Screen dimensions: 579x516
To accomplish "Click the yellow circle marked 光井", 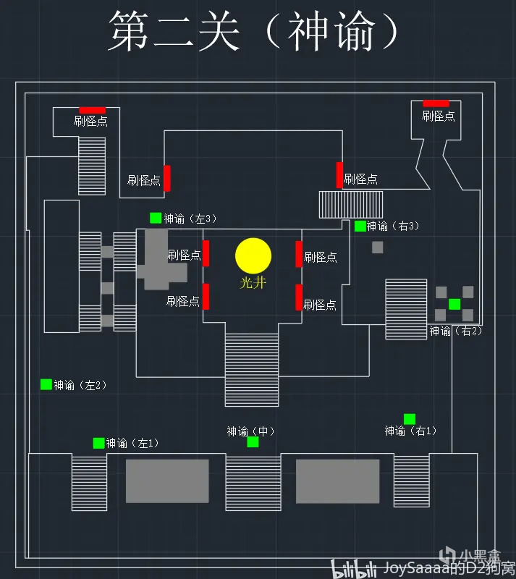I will [253, 255].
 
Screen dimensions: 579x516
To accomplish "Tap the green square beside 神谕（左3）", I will [156, 218].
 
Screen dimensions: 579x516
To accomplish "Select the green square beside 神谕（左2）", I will [46, 384].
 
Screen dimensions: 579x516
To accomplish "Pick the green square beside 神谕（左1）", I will [98, 443].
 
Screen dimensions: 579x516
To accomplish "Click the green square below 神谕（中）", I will [253, 441].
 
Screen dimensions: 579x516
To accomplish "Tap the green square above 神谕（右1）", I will [410, 418].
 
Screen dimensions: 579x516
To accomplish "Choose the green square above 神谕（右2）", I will [454, 304].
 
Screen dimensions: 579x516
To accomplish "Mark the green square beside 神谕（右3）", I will [360, 226].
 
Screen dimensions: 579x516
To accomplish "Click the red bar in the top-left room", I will [92, 110].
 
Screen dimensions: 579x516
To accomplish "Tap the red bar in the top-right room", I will [436, 103].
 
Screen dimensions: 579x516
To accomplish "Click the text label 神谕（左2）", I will [80, 385].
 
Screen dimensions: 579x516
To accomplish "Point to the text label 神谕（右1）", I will [410, 431].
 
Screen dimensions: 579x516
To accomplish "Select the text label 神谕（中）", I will [250, 431].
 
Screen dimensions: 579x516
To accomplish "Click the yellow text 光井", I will [253, 282].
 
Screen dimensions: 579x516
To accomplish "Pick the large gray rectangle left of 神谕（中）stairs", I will [167, 481].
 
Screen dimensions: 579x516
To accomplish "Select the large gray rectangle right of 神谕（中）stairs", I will [337, 481].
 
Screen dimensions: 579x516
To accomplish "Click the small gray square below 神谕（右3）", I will [378, 248].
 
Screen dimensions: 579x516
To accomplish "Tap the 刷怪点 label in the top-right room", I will [439, 116].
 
